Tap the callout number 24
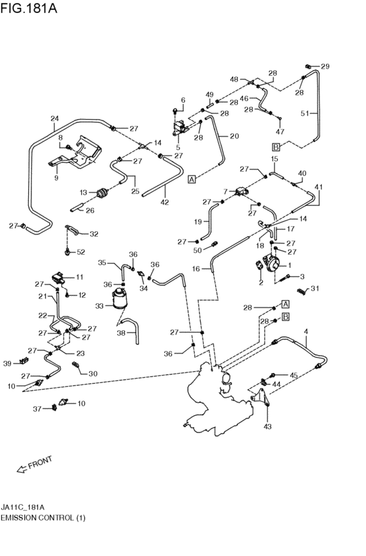55,118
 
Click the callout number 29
325,67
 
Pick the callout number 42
165,202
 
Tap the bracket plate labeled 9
80,155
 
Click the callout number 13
83,192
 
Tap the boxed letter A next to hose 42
191,178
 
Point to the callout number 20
233,136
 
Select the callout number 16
197,268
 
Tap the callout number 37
38,409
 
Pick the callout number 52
80,252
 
